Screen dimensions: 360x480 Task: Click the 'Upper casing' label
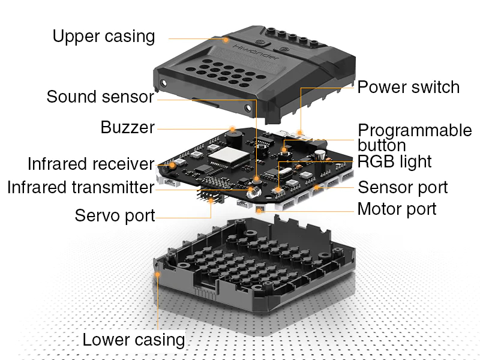tap(103, 37)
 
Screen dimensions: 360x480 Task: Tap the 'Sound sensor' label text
tap(100, 97)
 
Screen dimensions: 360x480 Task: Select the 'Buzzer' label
tap(127, 128)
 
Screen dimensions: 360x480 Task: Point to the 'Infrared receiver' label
tap(91, 164)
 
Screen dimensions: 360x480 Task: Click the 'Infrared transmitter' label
tap(80, 187)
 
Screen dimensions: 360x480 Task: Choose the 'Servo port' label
tap(115, 215)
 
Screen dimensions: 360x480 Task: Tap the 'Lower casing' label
tap(133, 340)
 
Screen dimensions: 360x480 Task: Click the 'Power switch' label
tap(408, 88)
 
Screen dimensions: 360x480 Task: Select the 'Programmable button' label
tap(415, 137)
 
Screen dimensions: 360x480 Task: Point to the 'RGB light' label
tap(394, 161)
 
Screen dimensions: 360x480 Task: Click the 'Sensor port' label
tap(403, 187)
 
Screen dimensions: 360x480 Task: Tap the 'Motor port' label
tap(397, 209)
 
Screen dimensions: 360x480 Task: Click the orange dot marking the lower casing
tap(158, 274)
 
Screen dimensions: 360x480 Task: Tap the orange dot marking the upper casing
tap(226, 40)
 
